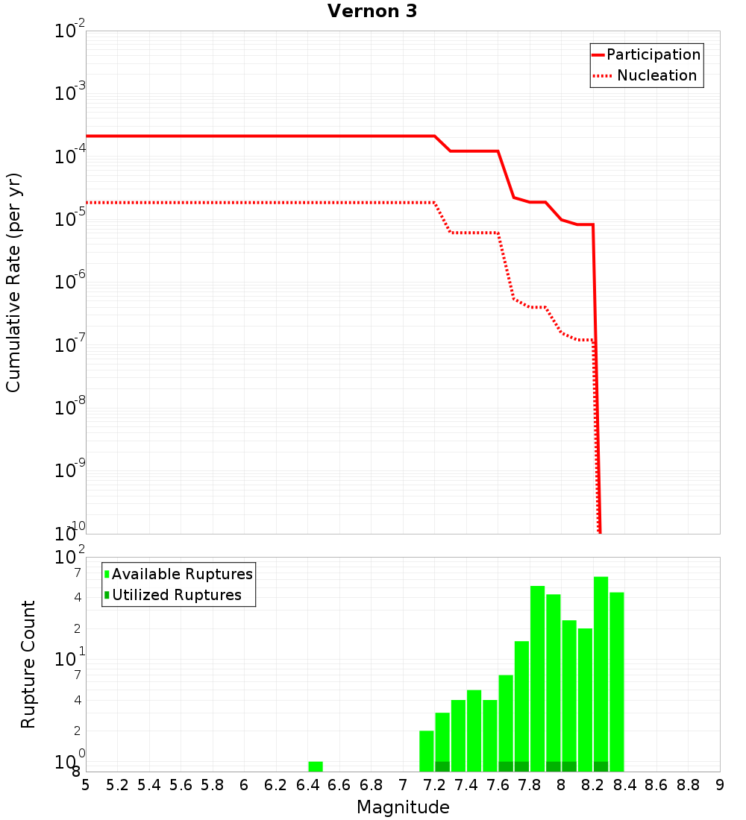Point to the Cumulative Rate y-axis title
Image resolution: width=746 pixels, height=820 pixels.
pyautogui.click(x=13, y=283)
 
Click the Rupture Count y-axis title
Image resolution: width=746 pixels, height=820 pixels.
pyautogui.click(x=28, y=664)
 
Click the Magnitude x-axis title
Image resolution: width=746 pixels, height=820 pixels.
pyautogui.click(x=403, y=807)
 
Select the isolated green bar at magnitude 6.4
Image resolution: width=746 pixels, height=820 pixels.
pyautogui.click(x=316, y=766)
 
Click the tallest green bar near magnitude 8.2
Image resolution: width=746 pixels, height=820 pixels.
pyautogui.click(x=601, y=671)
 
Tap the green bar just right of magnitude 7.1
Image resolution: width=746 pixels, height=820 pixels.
pyautogui.click(x=427, y=751)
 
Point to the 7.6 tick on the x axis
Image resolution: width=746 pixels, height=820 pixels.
pyautogui.click(x=498, y=785)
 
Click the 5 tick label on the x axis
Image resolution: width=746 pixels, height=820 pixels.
pyautogui.click(x=86, y=785)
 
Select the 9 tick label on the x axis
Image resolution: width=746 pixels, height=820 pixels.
pyautogui.click(x=720, y=785)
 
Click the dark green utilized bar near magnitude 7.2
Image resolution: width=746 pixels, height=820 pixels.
pyautogui.click(x=442, y=766)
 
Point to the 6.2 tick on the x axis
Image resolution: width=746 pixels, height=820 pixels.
pyautogui.click(x=276, y=785)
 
